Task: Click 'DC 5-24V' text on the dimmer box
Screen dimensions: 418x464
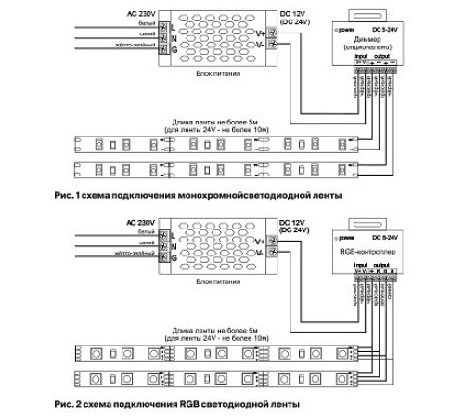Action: click(x=381, y=29)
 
